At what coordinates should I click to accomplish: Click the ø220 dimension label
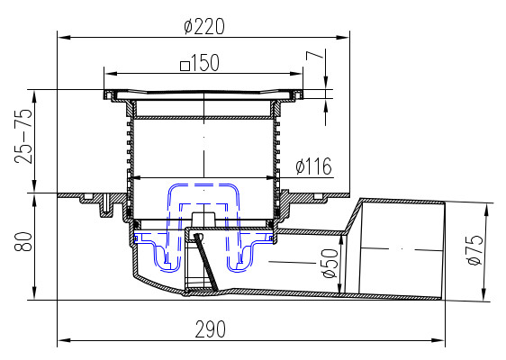tap(204, 26)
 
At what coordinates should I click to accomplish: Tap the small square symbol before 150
tap(185, 66)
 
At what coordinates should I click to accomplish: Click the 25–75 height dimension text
tap(23, 136)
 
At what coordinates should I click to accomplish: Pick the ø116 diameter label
tap(313, 166)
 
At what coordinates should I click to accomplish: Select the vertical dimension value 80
tap(23, 241)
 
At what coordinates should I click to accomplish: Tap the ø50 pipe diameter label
tap(330, 263)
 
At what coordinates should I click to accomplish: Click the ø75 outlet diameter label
tap(474, 249)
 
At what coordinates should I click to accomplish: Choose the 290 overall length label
tap(211, 329)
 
